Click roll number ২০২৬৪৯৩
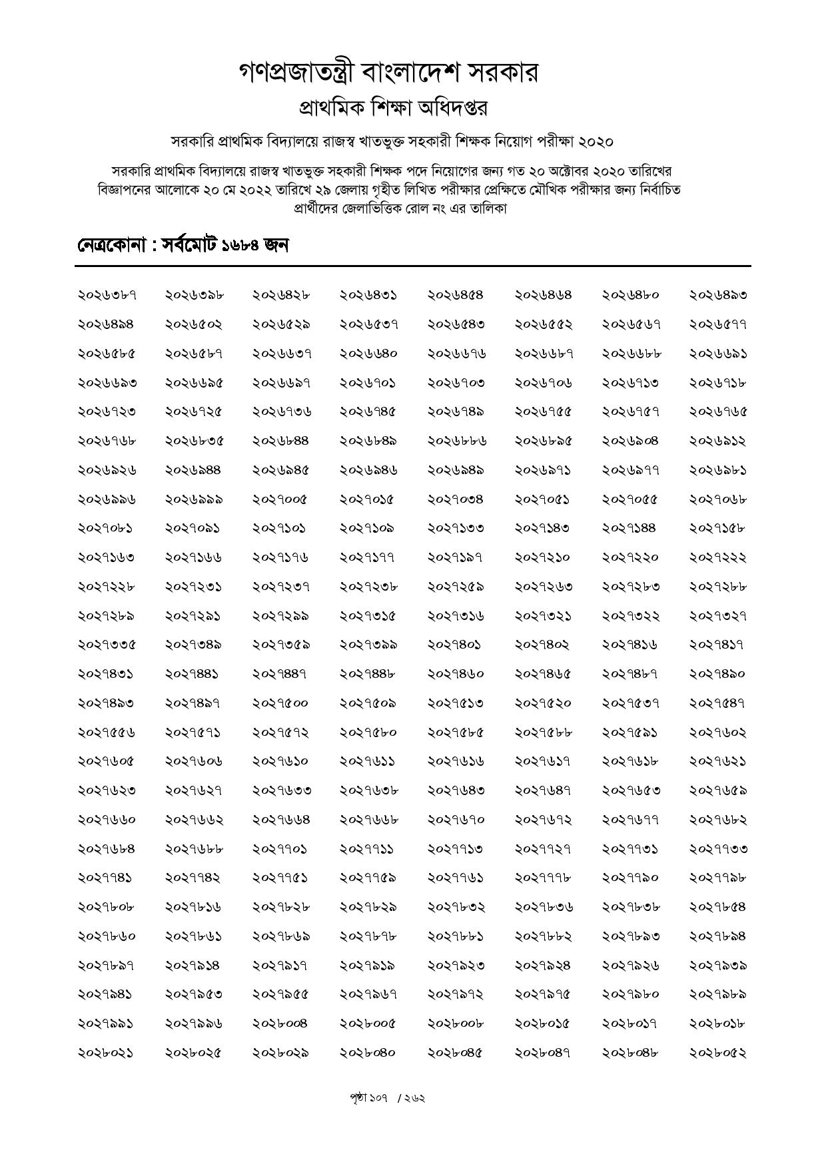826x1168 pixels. [x=717, y=295]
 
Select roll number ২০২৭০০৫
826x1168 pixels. [x=280, y=499]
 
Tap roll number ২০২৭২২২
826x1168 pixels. [x=717, y=557]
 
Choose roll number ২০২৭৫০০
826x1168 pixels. [x=280, y=703]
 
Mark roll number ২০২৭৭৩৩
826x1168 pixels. [x=717, y=849]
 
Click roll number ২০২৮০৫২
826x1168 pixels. [x=717, y=1053]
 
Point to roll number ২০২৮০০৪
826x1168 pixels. [x=280, y=1023]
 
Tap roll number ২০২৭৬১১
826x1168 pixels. [x=368, y=761]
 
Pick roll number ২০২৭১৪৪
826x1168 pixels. [x=629, y=528]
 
